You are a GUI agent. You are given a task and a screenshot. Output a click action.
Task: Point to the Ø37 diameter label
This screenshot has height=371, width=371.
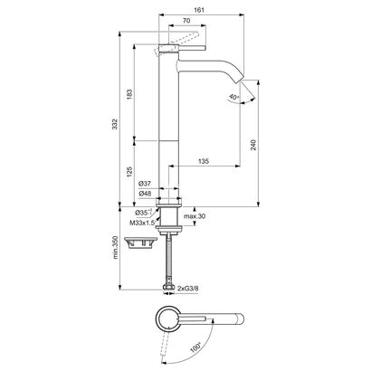[144, 183]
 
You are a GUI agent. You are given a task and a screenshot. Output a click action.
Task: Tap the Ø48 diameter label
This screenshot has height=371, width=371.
[144, 193]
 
